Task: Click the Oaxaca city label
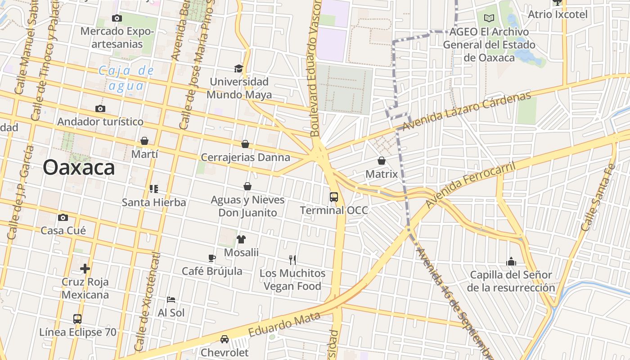click(79, 168)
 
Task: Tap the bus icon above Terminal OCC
click(333, 197)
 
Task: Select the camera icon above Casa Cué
click(63, 218)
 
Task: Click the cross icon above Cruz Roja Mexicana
click(85, 269)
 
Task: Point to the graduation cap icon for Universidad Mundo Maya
click(238, 68)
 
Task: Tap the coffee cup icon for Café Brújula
click(212, 258)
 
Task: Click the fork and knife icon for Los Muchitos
click(292, 260)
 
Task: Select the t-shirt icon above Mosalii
click(241, 239)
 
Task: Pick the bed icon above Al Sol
click(171, 299)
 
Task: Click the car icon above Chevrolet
click(224, 339)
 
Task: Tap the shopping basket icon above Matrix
click(381, 161)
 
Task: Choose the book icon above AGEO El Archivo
click(489, 18)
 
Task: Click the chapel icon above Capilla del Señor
click(511, 261)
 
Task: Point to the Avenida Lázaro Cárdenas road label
click(466, 111)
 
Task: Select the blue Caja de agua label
click(126, 78)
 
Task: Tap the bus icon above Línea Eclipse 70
click(77, 319)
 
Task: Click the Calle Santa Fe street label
click(598, 198)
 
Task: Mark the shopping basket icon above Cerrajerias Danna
click(245, 144)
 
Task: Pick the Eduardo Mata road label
click(284, 324)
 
